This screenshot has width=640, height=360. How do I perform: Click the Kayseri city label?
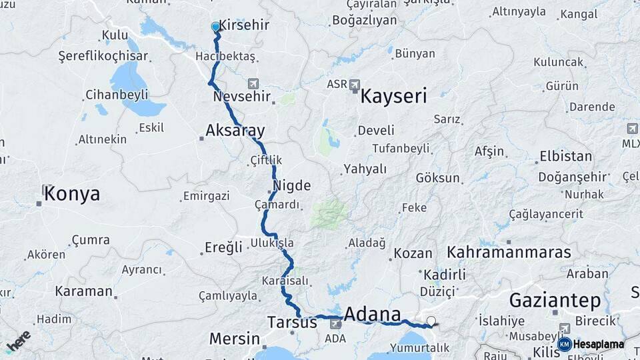(393, 97)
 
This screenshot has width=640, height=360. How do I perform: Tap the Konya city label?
(71, 194)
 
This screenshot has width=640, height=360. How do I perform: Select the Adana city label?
(372, 315)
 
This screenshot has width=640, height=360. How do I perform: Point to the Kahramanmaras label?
(509, 252)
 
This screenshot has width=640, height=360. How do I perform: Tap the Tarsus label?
(292, 322)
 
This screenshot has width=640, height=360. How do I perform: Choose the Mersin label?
(234, 338)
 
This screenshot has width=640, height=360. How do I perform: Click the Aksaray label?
(235, 131)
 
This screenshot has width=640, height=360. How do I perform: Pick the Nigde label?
(291, 185)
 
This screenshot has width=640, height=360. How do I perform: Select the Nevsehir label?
(241, 97)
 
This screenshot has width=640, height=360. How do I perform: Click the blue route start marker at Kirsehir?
(215, 27)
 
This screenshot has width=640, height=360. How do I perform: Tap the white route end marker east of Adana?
(431, 321)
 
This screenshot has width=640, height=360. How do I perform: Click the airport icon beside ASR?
(354, 85)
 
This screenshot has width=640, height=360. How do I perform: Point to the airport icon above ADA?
(335, 324)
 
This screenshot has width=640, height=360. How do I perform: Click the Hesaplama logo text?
(598, 344)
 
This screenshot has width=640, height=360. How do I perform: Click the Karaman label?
(84, 291)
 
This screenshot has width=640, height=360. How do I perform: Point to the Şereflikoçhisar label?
(93, 56)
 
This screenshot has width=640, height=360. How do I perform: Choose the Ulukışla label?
(272, 243)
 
